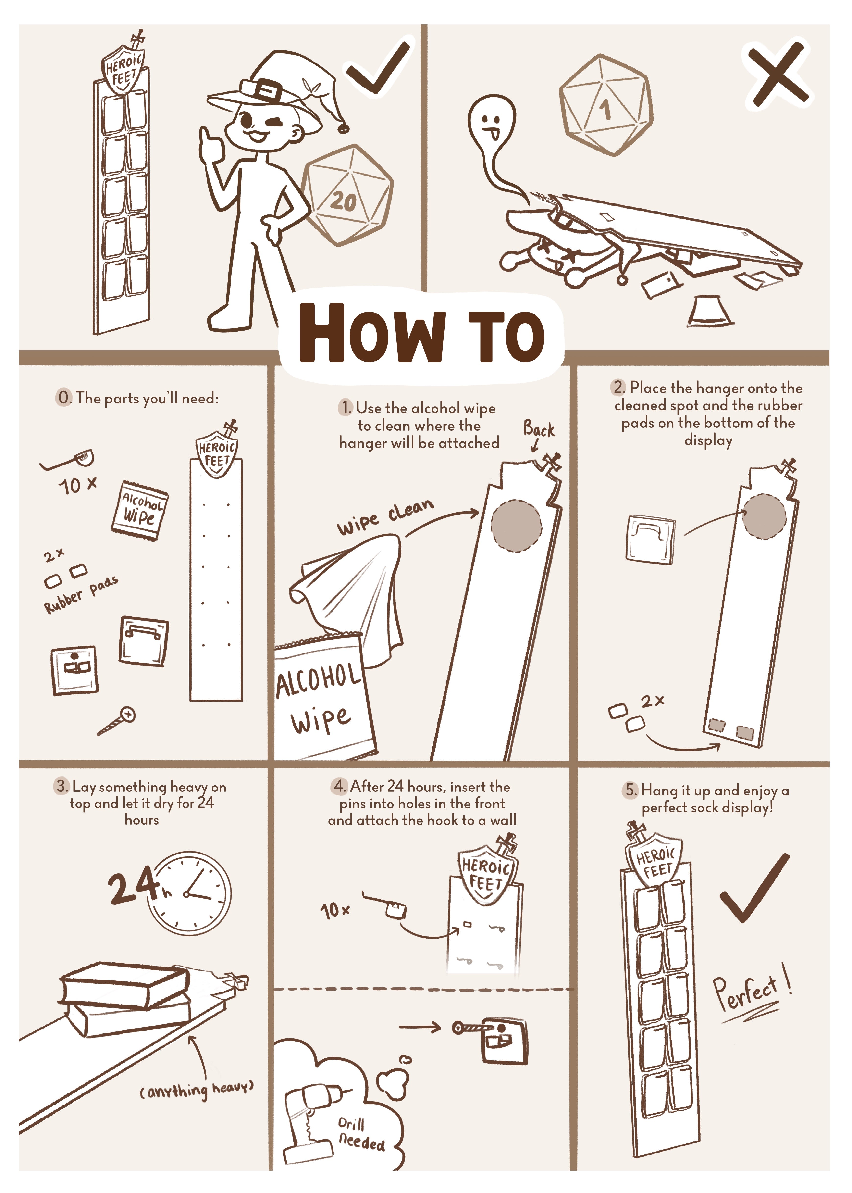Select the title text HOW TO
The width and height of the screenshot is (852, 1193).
(x=422, y=333)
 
